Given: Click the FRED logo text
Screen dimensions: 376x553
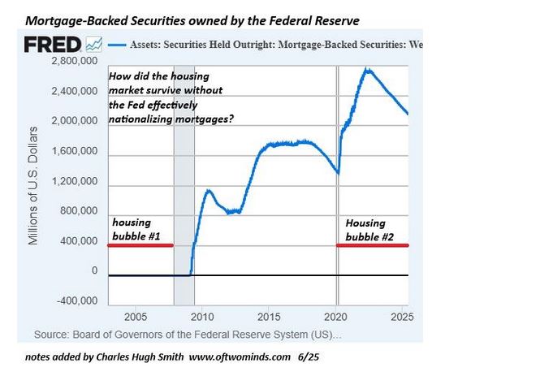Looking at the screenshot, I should [53, 45].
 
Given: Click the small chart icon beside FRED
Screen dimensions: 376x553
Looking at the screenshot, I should [94, 45].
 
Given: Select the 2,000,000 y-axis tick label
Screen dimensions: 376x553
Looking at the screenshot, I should [75, 121].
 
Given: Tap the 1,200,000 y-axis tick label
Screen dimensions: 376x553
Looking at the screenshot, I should [75, 182].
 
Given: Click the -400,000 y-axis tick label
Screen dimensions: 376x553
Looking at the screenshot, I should [77, 300].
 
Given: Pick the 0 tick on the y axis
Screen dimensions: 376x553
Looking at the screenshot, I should [94, 270].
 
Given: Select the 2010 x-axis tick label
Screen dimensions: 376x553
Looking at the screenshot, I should [201, 316].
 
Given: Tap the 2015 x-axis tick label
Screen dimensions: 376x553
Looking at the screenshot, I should [270, 316].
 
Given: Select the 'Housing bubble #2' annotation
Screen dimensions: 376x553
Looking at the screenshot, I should [366, 229].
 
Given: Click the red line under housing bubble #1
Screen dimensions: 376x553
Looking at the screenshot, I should [140, 245].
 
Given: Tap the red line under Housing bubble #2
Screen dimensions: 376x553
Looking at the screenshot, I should [372, 245].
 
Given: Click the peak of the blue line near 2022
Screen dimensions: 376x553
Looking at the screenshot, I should [369, 69].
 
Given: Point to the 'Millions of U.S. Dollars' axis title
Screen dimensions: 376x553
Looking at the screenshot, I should [33, 186].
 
